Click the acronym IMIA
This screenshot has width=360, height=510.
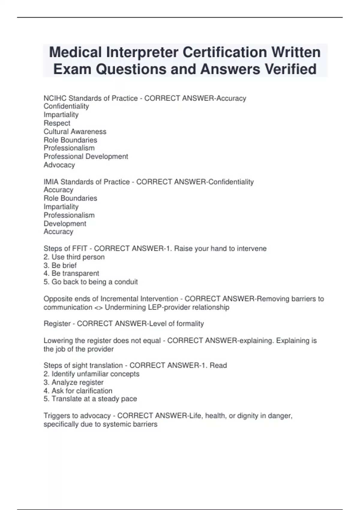(51, 182)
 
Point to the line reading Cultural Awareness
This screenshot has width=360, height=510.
(75, 131)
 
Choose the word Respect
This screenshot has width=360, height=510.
(57, 123)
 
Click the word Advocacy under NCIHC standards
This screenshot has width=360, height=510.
(59, 165)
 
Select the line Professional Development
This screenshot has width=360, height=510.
(86, 156)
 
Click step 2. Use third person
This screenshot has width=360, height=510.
(74, 257)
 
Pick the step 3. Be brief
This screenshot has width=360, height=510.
(60, 265)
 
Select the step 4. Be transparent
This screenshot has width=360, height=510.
(71, 273)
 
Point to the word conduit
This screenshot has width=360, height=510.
(126, 282)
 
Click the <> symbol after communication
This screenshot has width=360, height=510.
(98, 307)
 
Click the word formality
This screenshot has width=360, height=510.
(190, 323)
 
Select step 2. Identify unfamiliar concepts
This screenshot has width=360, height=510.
(91, 374)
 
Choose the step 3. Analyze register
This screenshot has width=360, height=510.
(73, 382)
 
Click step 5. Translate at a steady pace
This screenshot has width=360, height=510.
(90, 399)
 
